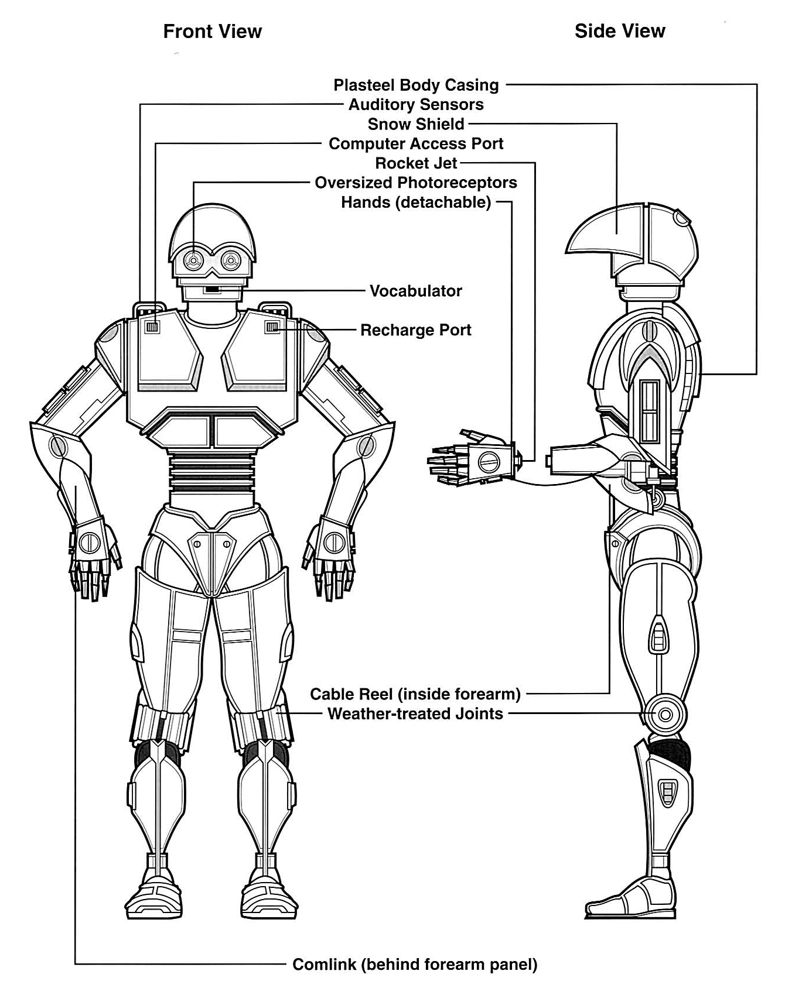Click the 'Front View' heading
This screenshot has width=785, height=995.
(x=212, y=31)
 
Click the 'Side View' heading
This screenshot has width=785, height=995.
(x=620, y=31)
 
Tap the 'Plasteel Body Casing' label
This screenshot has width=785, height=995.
(x=416, y=85)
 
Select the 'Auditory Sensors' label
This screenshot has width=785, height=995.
(x=416, y=105)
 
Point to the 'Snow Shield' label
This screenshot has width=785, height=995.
(x=416, y=124)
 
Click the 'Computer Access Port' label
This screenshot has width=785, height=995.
(x=416, y=144)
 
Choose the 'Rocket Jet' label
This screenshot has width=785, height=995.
(x=416, y=163)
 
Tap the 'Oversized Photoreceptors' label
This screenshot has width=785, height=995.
(x=416, y=183)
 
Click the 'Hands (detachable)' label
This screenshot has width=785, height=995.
(x=416, y=203)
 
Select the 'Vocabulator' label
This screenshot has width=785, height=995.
(x=416, y=291)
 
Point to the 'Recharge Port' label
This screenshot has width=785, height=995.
(x=416, y=330)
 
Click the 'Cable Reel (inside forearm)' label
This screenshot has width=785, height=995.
(x=415, y=694)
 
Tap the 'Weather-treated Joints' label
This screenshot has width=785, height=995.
(x=415, y=714)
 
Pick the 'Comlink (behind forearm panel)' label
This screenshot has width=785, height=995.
(x=415, y=965)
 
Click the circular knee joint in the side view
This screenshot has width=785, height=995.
(x=665, y=715)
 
